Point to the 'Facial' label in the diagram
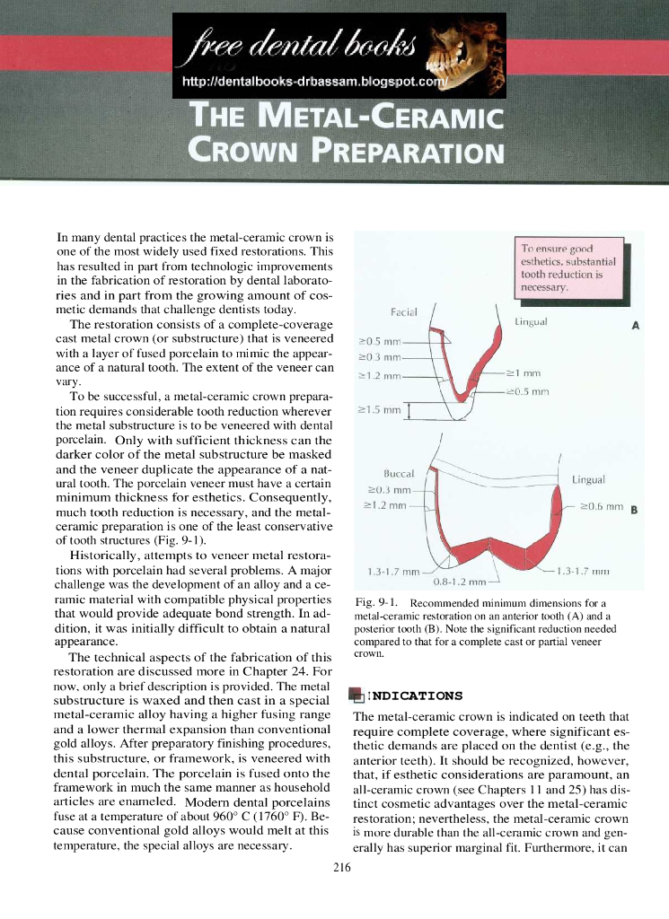coord(404,311)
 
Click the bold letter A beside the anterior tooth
coord(635,326)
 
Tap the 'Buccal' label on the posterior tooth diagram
coord(398,473)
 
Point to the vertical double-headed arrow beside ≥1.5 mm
coord(409,411)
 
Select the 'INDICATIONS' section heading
coord(417,696)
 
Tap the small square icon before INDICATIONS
coord(357,696)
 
